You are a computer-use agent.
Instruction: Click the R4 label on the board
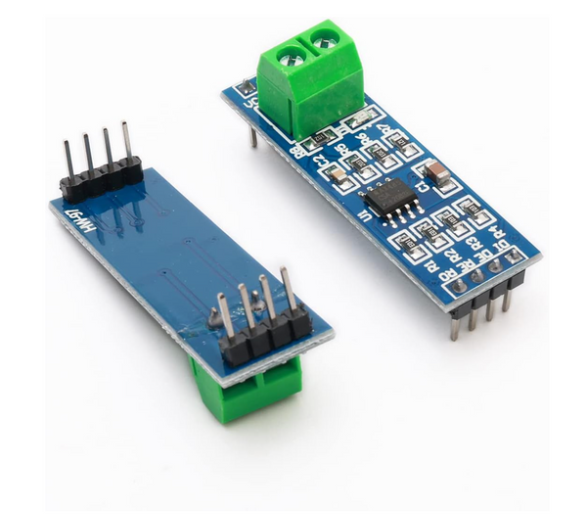(x=494, y=232)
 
